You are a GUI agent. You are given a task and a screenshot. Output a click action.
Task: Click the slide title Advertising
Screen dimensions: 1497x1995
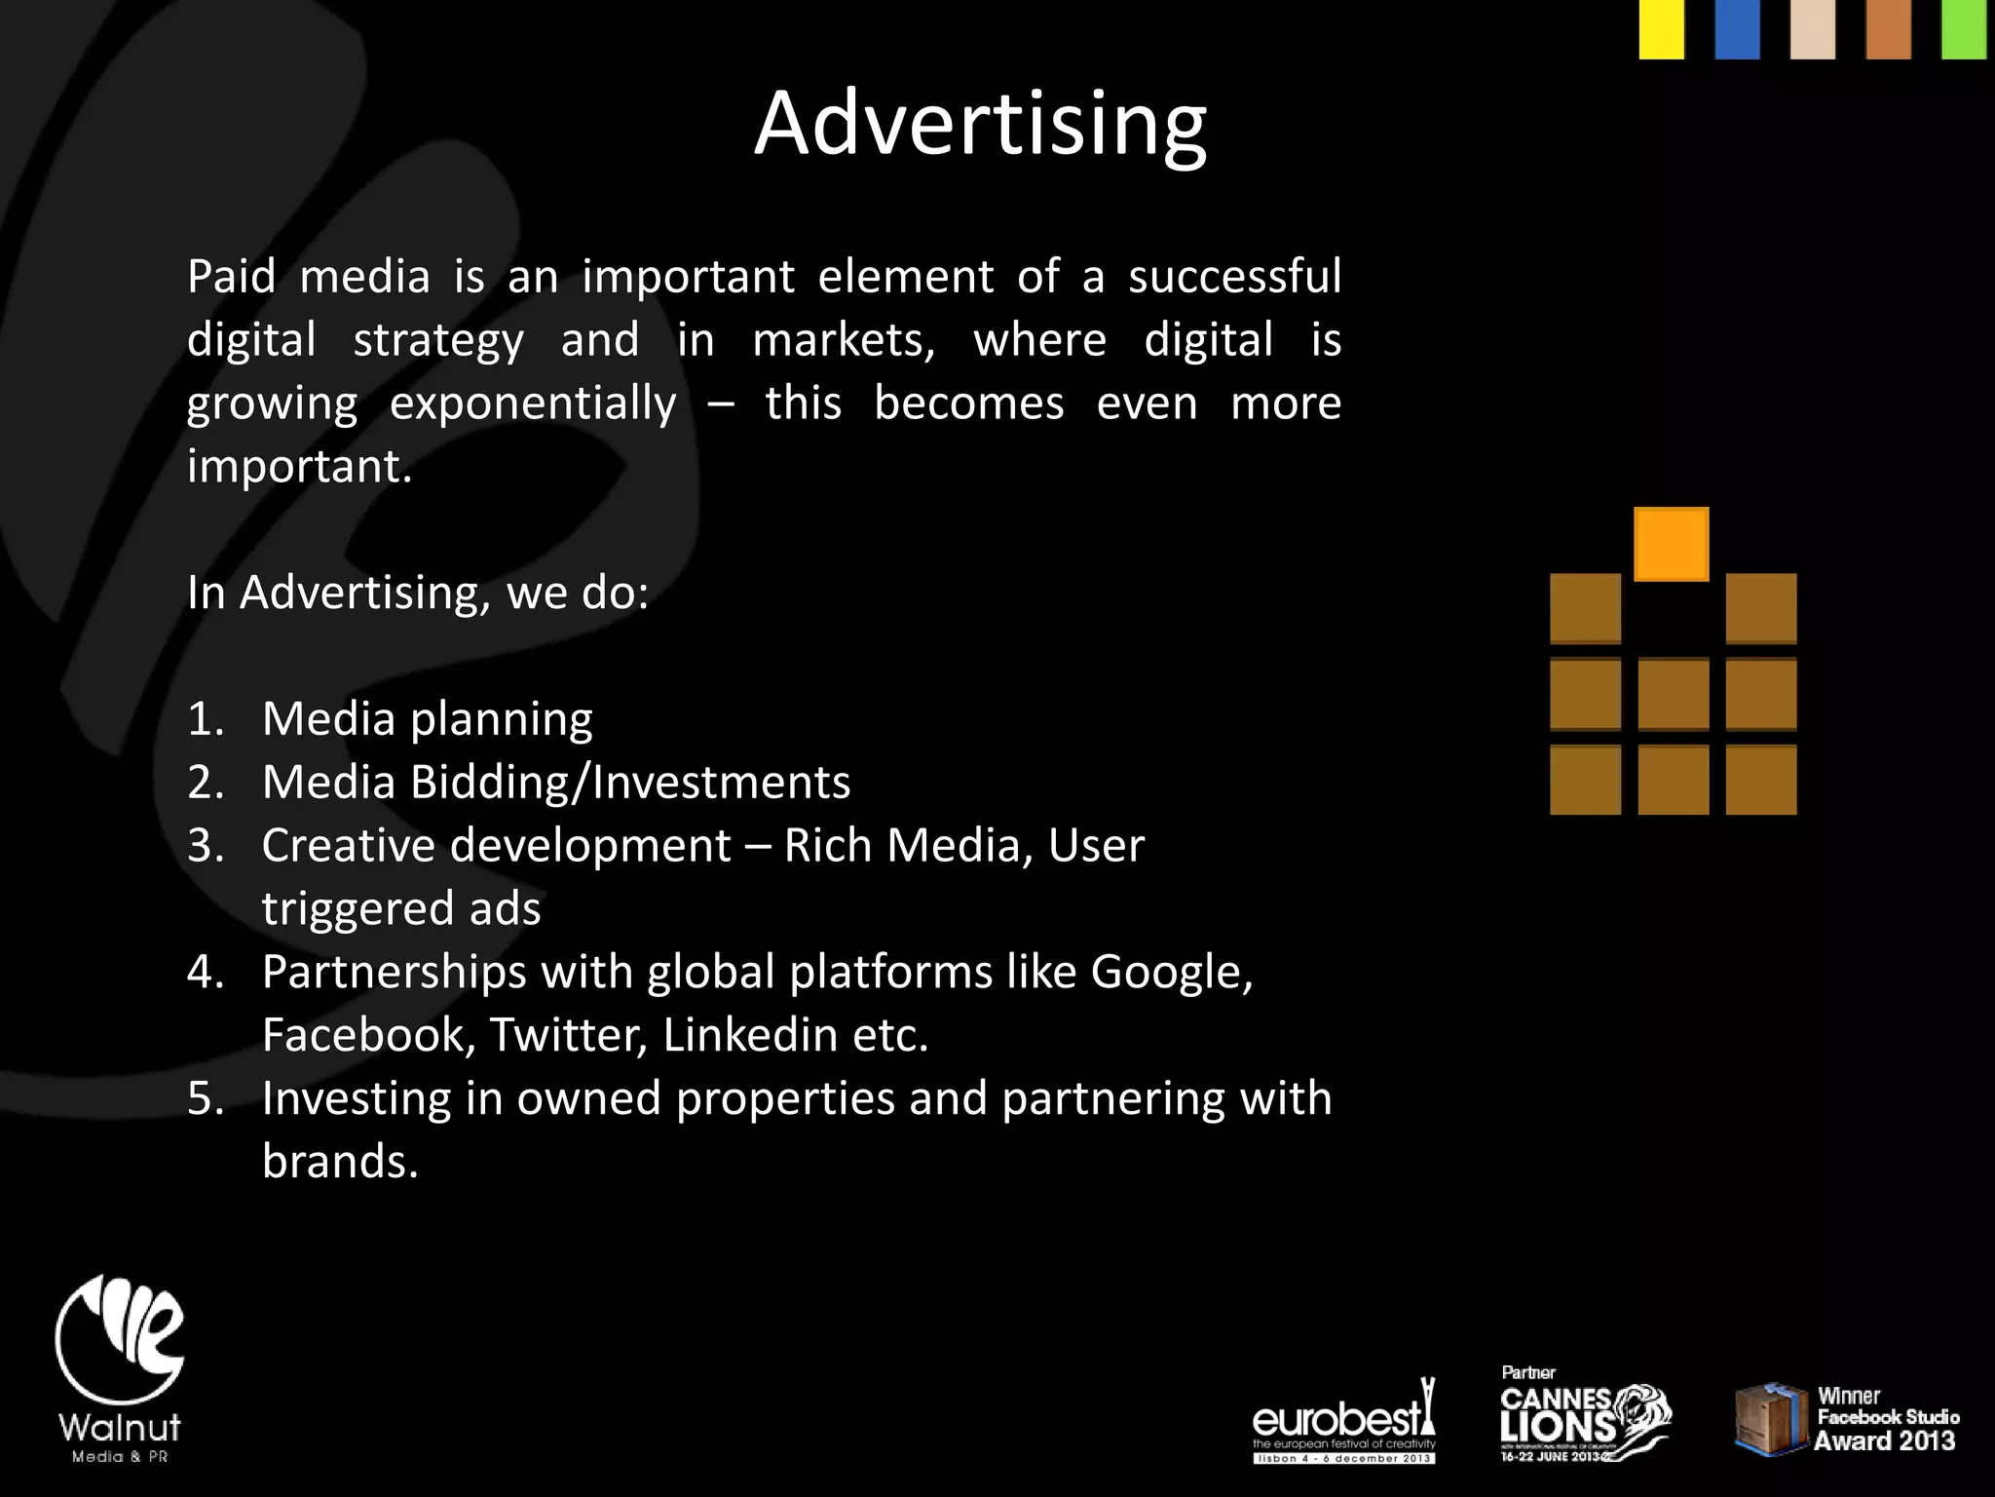click(980, 124)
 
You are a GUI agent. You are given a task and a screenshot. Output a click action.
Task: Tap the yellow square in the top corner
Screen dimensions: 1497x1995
click(1661, 29)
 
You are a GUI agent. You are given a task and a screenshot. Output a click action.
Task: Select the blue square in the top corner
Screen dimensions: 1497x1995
click(1737, 29)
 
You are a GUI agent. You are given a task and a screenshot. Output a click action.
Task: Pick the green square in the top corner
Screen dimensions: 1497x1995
click(1964, 29)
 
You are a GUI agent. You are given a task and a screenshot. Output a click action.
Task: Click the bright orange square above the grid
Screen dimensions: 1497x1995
click(1671, 544)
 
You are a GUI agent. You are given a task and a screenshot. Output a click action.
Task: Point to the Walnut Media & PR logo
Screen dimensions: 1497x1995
click(120, 1369)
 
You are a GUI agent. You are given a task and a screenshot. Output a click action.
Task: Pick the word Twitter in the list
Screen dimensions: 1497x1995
click(568, 1035)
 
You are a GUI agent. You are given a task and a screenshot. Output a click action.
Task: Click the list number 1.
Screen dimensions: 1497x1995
click(205, 719)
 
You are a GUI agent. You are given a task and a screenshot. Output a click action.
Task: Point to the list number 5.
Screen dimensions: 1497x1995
click(205, 1098)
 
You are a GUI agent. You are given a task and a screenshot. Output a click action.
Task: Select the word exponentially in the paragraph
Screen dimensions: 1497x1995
click(533, 403)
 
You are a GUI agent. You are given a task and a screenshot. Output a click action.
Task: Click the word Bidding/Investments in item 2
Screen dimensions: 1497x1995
click(630, 783)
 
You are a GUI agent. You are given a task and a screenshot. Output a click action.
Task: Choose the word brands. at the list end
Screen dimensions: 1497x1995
click(340, 1162)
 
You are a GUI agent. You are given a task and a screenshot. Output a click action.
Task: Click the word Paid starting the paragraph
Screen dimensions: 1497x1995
click(231, 277)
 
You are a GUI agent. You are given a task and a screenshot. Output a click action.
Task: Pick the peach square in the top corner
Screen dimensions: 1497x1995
click(1812, 29)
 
